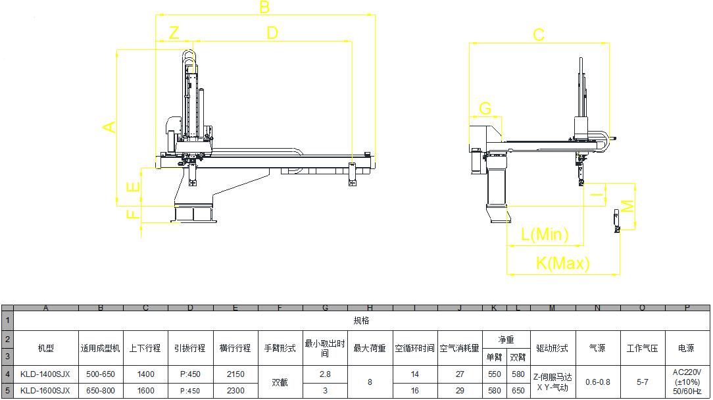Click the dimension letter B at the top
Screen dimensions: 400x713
(x=264, y=7)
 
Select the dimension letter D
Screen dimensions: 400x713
(x=272, y=32)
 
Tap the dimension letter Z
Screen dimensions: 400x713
(x=174, y=33)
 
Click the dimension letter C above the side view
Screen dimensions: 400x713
(x=538, y=35)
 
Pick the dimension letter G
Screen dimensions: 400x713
(x=485, y=108)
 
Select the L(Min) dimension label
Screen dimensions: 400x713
(x=545, y=234)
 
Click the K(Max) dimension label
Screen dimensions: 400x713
(x=562, y=264)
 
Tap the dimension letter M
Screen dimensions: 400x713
(x=628, y=206)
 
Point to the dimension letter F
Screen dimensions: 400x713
(x=133, y=214)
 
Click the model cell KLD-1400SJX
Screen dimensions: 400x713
(x=45, y=374)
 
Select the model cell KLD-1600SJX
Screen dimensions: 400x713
(x=45, y=390)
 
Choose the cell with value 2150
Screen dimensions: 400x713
(x=235, y=374)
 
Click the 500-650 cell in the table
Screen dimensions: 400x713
(x=101, y=374)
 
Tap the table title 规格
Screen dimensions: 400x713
(x=362, y=320)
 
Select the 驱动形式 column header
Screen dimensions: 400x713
(x=553, y=348)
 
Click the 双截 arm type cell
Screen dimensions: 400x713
(x=280, y=382)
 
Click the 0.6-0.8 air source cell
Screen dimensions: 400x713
(x=597, y=382)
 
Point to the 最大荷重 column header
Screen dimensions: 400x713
(x=370, y=348)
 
